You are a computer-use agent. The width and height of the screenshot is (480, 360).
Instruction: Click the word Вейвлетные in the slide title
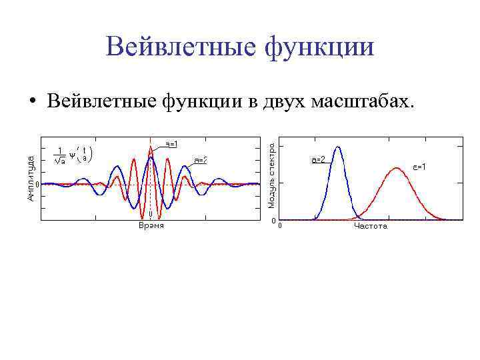176,48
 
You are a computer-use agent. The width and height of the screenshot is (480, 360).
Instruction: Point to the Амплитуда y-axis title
31,177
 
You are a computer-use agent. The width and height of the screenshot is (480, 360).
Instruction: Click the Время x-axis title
151,226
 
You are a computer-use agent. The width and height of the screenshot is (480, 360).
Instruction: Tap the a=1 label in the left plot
171,143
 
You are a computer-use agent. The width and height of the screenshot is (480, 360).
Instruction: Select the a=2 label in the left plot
203,160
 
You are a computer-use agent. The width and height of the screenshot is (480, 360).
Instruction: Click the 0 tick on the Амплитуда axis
38,184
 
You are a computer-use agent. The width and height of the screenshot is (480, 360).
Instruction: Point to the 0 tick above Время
151,215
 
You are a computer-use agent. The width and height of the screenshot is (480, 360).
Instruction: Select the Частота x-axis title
371,227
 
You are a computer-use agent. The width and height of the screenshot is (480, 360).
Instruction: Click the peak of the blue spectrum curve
337,147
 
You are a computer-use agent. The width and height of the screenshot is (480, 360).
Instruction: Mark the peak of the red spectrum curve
397,168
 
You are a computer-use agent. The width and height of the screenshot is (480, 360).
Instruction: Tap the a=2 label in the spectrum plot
318,160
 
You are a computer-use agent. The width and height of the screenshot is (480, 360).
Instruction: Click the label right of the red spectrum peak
419,166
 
